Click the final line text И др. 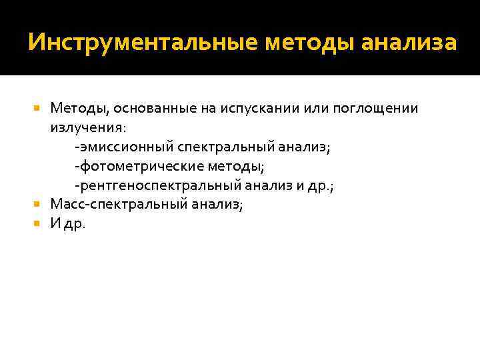pyautogui.click(x=68, y=223)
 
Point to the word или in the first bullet pyautogui.click(x=315, y=109)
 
